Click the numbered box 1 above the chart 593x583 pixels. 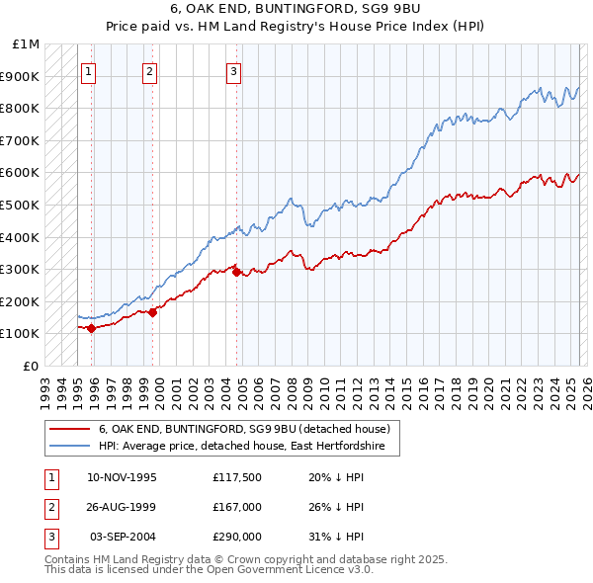click(89, 70)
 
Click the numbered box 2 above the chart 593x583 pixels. click(149, 70)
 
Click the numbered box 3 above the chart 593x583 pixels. click(233, 70)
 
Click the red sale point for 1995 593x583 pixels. click(91, 328)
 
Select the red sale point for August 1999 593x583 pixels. click(153, 312)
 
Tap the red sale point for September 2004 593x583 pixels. click(236, 273)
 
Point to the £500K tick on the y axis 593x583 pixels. click(20, 205)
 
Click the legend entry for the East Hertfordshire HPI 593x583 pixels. click(248, 447)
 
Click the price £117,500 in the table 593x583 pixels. click(236, 477)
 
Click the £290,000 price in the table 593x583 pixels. click(236, 537)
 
